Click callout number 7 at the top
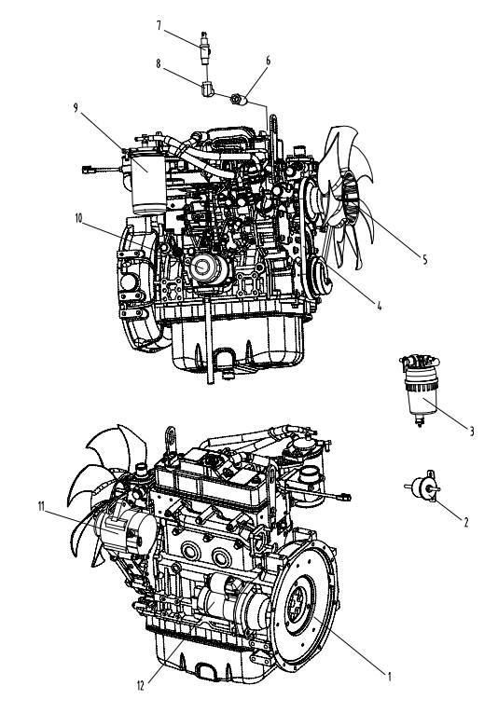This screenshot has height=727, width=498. coord(159,26)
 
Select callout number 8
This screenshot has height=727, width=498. coord(159,63)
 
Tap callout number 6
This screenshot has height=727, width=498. coord(268,61)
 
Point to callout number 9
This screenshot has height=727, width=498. coord(76,107)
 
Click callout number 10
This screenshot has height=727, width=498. coord(79,219)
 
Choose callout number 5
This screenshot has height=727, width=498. coord(424,260)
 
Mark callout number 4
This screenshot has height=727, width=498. coord(380,306)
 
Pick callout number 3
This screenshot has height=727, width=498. coord(472,432)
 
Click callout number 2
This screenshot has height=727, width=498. coord(466,522)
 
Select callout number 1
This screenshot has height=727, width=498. coord(390,677)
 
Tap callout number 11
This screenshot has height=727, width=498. coord(41,507)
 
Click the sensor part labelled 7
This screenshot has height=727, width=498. coord(203,48)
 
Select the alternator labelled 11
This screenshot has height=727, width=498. coord(125,530)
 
